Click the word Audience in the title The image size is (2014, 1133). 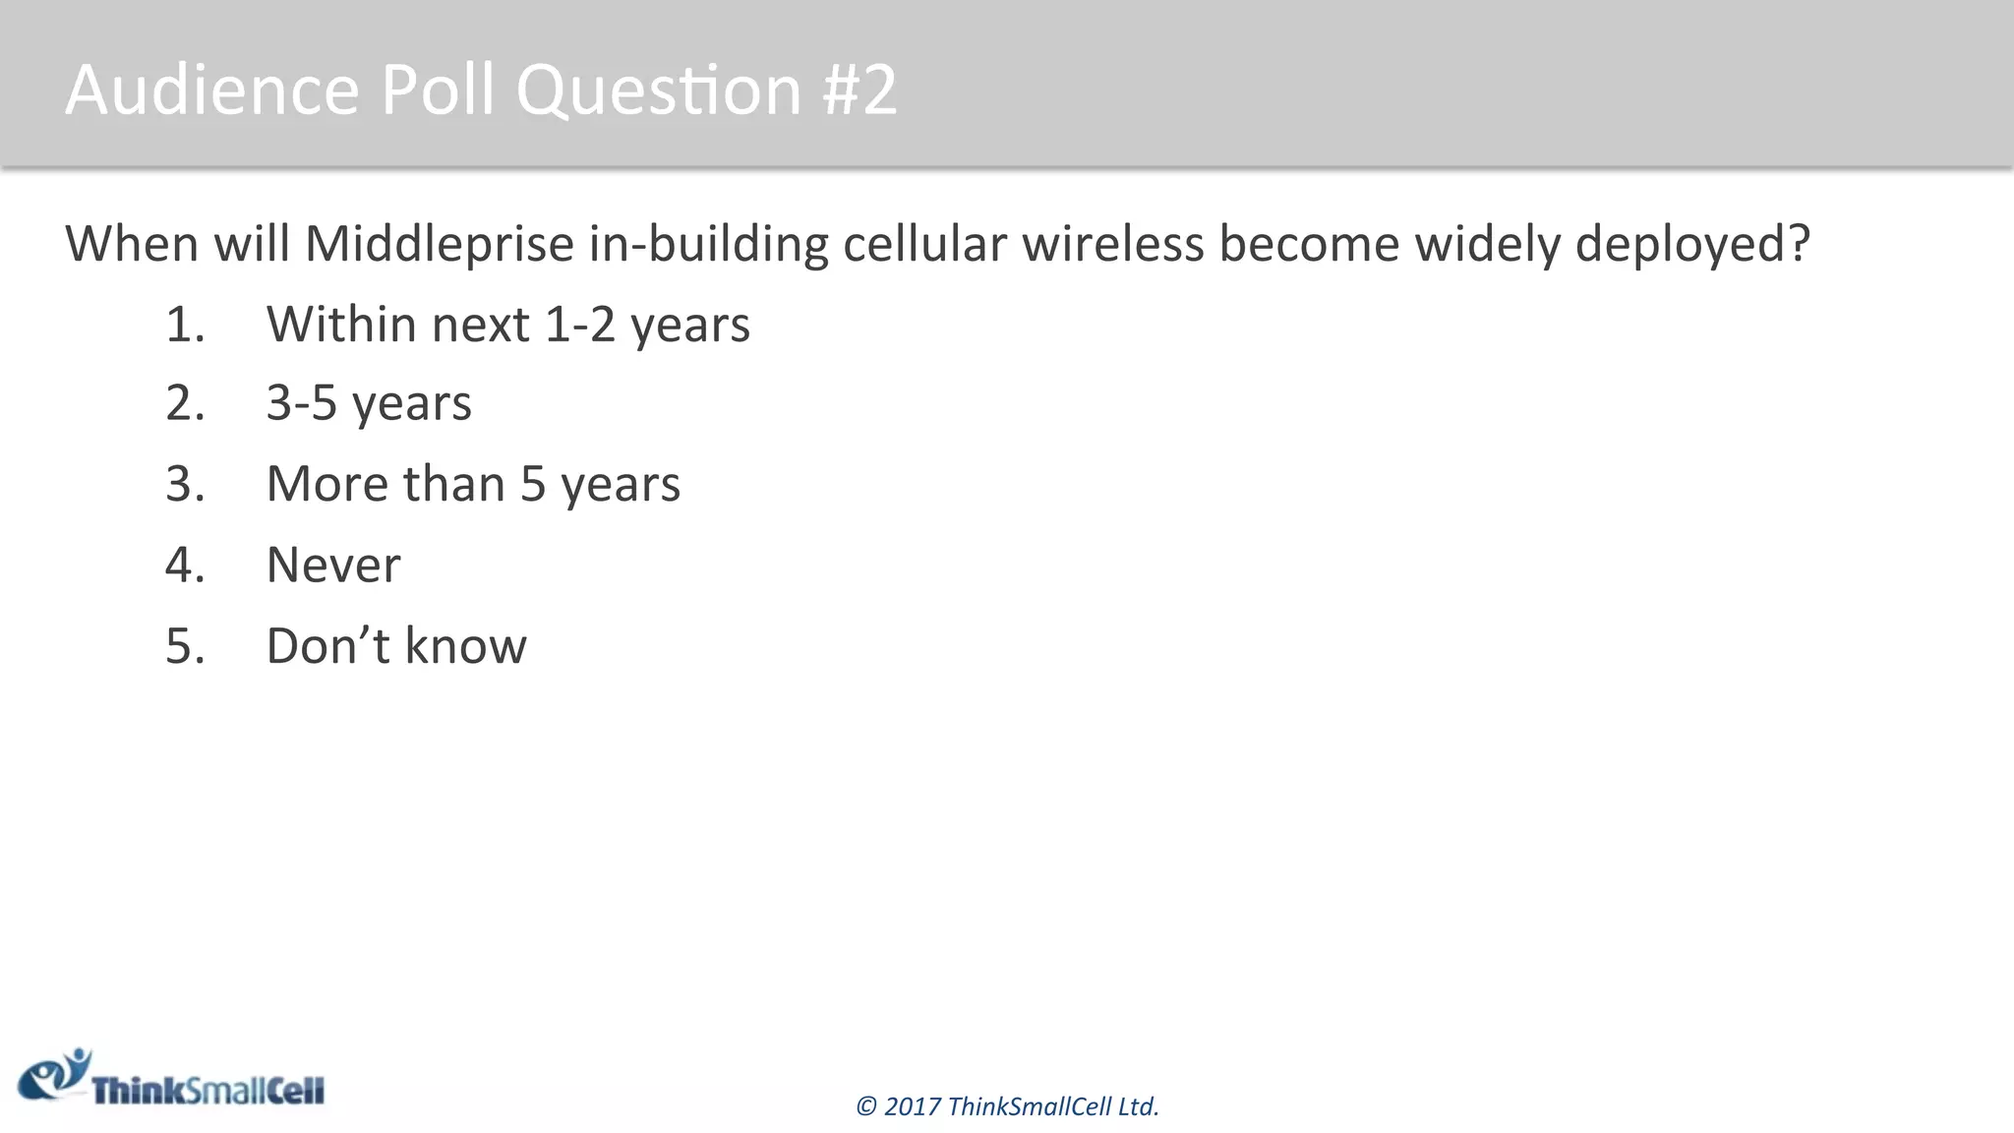click(x=212, y=89)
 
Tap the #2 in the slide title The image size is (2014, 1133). click(x=859, y=89)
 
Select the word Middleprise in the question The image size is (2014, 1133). click(x=439, y=244)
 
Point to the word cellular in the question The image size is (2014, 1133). click(x=924, y=244)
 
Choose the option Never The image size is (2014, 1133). click(x=333, y=565)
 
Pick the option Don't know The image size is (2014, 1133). click(x=396, y=646)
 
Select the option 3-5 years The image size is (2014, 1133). click(x=369, y=403)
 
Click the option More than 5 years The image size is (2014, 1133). click(x=473, y=484)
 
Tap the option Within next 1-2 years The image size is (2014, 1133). click(x=507, y=324)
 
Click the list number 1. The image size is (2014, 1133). click(x=184, y=325)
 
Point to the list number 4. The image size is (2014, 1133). click(x=184, y=565)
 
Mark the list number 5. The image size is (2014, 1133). click(x=184, y=646)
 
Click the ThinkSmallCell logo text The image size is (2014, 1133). click(x=207, y=1091)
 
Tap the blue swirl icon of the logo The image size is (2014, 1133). click(x=55, y=1075)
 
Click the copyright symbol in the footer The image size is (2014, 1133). click(x=865, y=1107)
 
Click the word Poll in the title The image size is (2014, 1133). click(x=437, y=89)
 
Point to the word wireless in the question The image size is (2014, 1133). click(x=1112, y=244)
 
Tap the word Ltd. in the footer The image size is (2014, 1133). click(x=1139, y=1107)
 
